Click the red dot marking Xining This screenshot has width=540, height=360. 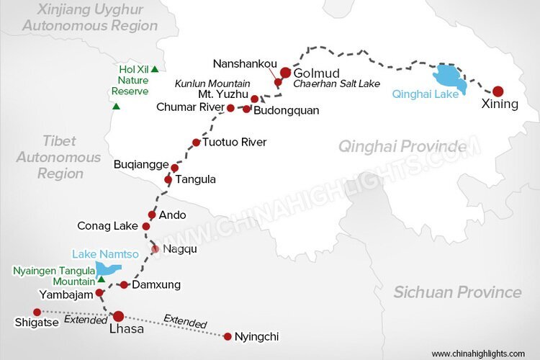pyautogui.click(x=498, y=91)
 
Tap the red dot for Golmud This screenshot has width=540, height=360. pyautogui.click(x=286, y=73)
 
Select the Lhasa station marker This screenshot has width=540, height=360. pyautogui.click(x=117, y=315)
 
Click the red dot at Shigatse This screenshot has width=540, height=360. pyautogui.click(x=37, y=312)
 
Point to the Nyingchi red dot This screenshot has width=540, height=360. pyautogui.click(x=228, y=336)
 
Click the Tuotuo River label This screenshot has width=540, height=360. pyautogui.click(x=234, y=142)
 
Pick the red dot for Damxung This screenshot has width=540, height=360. pyautogui.click(x=124, y=284)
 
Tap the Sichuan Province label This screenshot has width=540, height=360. pyautogui.click(x=457, y=292)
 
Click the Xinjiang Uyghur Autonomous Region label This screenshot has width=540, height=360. pyautogui.click(x=90, y=18)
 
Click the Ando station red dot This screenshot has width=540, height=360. pyautogui.click(x=152, y=215)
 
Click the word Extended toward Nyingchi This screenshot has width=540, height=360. pyautogui.click(x=185, y=322)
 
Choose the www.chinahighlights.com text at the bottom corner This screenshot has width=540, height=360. pyautogui.click(x=478, y=354)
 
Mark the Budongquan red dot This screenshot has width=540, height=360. pyautogui.click(x=247, y=109)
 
